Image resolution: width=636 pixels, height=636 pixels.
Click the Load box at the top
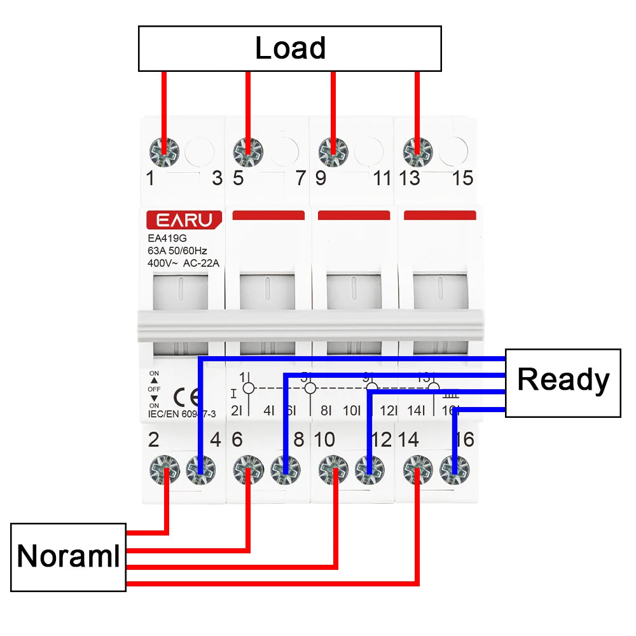coord(290,48)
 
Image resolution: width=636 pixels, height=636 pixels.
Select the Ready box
coord(563,382)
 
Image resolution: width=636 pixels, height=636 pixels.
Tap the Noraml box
coord(68,557)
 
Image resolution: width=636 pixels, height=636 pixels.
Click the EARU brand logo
coord(184,220)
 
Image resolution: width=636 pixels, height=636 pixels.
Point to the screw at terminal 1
coord(163,151)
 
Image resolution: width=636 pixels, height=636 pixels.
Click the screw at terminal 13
coord(417,151)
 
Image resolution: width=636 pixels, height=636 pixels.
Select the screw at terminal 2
coord(165,471)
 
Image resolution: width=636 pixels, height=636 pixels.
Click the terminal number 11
coord(382,178)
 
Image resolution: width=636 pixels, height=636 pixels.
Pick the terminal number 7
coord(301,178)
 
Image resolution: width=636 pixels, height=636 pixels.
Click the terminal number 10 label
coord(324,439)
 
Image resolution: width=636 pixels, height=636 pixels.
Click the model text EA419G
coord(163,239)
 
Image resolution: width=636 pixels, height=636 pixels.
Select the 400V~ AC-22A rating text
coord(183,262)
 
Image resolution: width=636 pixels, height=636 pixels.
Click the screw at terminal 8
coord(285,471)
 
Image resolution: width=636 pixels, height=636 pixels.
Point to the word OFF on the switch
coord(154,389)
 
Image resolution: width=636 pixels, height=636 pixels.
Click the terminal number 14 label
coord(409,439)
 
